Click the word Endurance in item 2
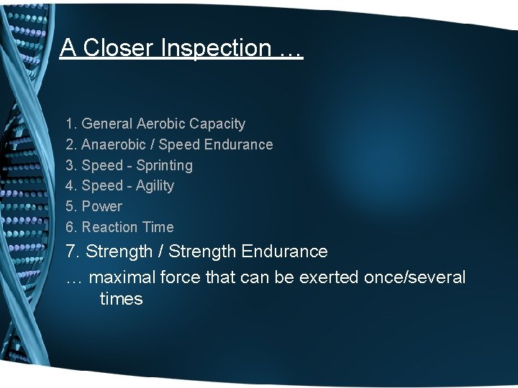tap(238, 144)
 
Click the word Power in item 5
tap(102, 206)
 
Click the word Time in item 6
tap(158, 227)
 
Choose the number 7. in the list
tap(73, 251)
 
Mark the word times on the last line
tap(121, 299)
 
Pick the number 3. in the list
tap(72, 165)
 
